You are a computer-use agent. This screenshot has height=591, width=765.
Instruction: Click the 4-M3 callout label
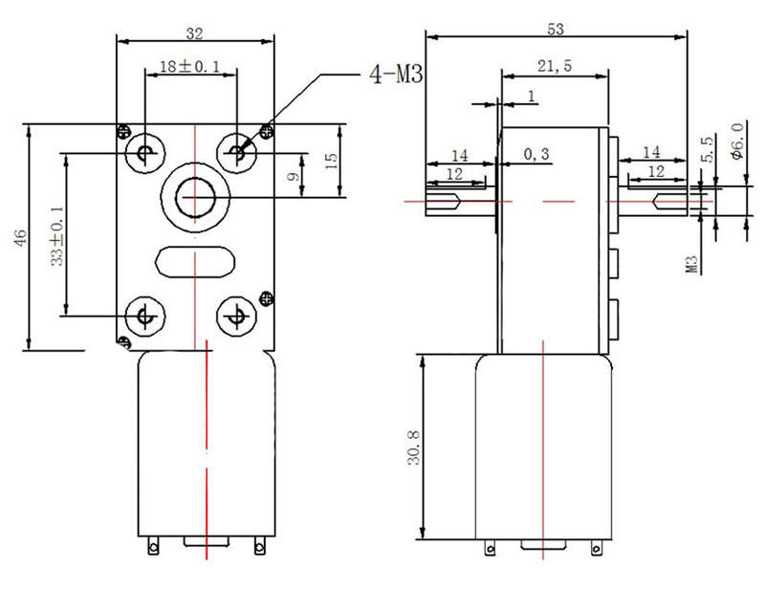[x=396, y=75]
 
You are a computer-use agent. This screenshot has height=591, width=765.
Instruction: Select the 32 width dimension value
[x=194, y=33]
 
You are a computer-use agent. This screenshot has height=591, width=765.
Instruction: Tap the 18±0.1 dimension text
[x=189, y=66]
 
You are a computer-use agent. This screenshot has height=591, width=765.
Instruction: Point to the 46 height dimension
[x=20, y=238]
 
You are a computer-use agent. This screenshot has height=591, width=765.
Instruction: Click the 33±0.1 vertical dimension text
[x=57, y=235]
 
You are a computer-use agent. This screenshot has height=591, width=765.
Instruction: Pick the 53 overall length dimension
[x=556, y=30]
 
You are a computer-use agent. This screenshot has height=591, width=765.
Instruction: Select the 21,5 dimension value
[x=555, y=65]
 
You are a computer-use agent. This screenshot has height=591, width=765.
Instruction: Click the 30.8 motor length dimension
[x=414, y=448]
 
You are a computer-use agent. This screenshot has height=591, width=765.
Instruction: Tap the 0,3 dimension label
[x=536, y=155]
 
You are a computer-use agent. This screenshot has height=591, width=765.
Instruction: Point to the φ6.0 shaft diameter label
[x=737, y=141]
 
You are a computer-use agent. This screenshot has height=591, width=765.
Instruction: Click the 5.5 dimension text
[x=707, y=149]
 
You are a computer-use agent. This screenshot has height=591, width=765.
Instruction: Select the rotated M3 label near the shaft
[x=692, y=265]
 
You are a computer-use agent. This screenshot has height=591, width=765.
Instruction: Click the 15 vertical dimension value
[x=331, y=161]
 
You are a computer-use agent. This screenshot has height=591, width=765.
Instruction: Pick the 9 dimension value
[x=294, y=176]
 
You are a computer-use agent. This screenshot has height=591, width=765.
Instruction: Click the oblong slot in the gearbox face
[x=195, y=262]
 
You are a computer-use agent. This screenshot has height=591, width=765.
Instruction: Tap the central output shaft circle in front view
[x=195, y=197]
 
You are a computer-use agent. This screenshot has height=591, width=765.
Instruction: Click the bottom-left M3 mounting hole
[x=145, y=316]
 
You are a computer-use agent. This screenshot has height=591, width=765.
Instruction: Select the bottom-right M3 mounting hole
[x=236, y=316]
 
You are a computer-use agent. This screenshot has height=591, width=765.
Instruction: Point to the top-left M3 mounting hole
[x=145, y=152]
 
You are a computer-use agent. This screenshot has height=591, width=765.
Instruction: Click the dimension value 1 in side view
[x=532, y=97]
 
